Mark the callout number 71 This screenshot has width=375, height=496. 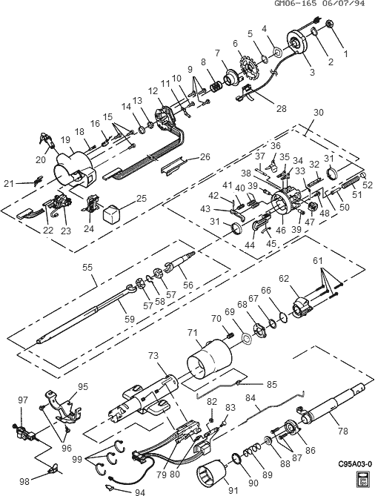click(x=190, y=333)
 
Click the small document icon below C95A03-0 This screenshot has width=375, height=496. click(x=363, y=480)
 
